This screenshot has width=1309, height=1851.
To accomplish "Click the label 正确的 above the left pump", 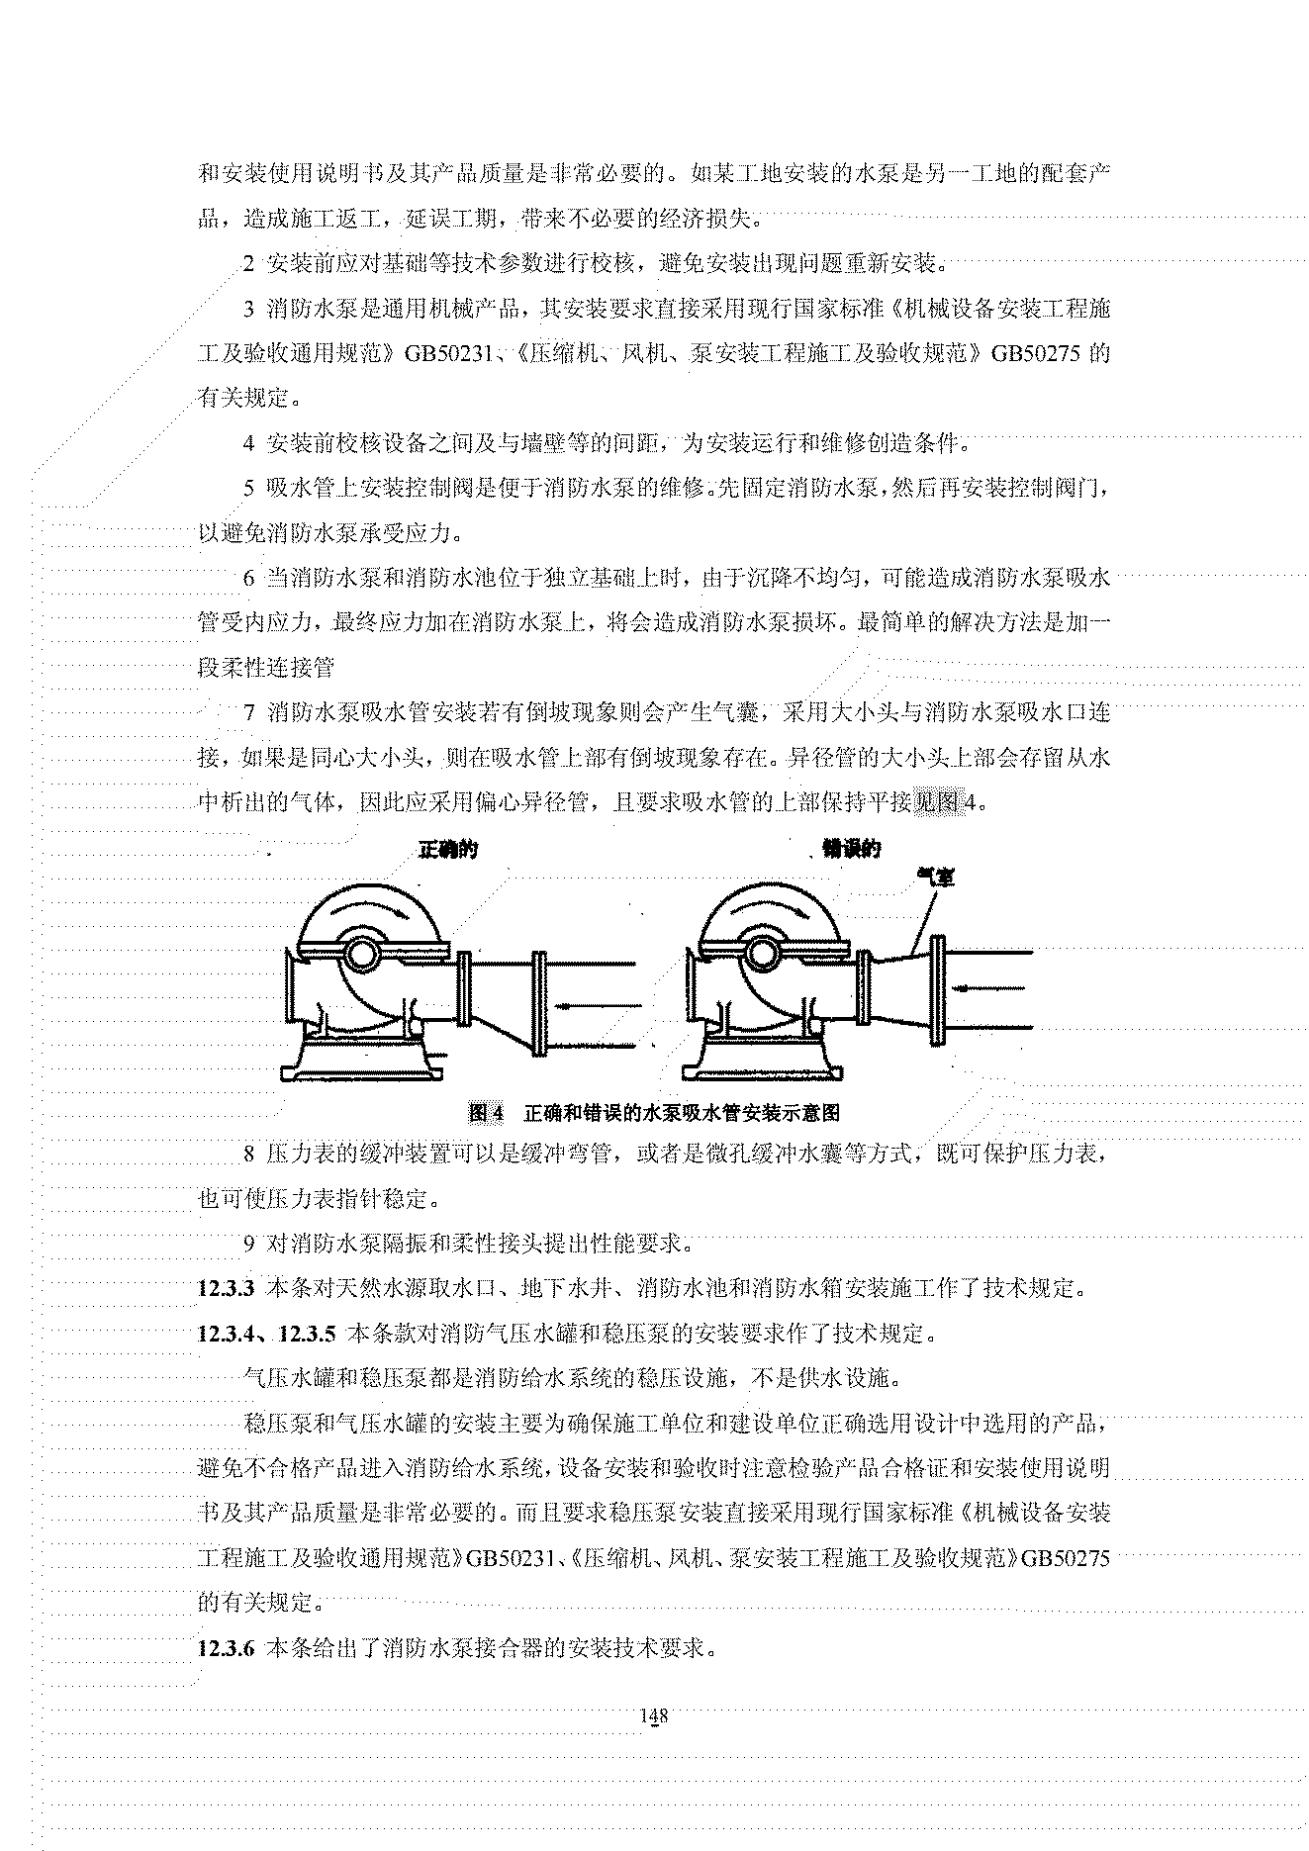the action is point(448,850).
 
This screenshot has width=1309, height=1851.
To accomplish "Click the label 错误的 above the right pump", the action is point(851,849).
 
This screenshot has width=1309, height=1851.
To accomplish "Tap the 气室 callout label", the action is point(935,876).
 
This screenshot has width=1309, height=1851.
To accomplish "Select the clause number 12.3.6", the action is point(228,1649).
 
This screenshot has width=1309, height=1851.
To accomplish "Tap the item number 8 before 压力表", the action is point(249,1155).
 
